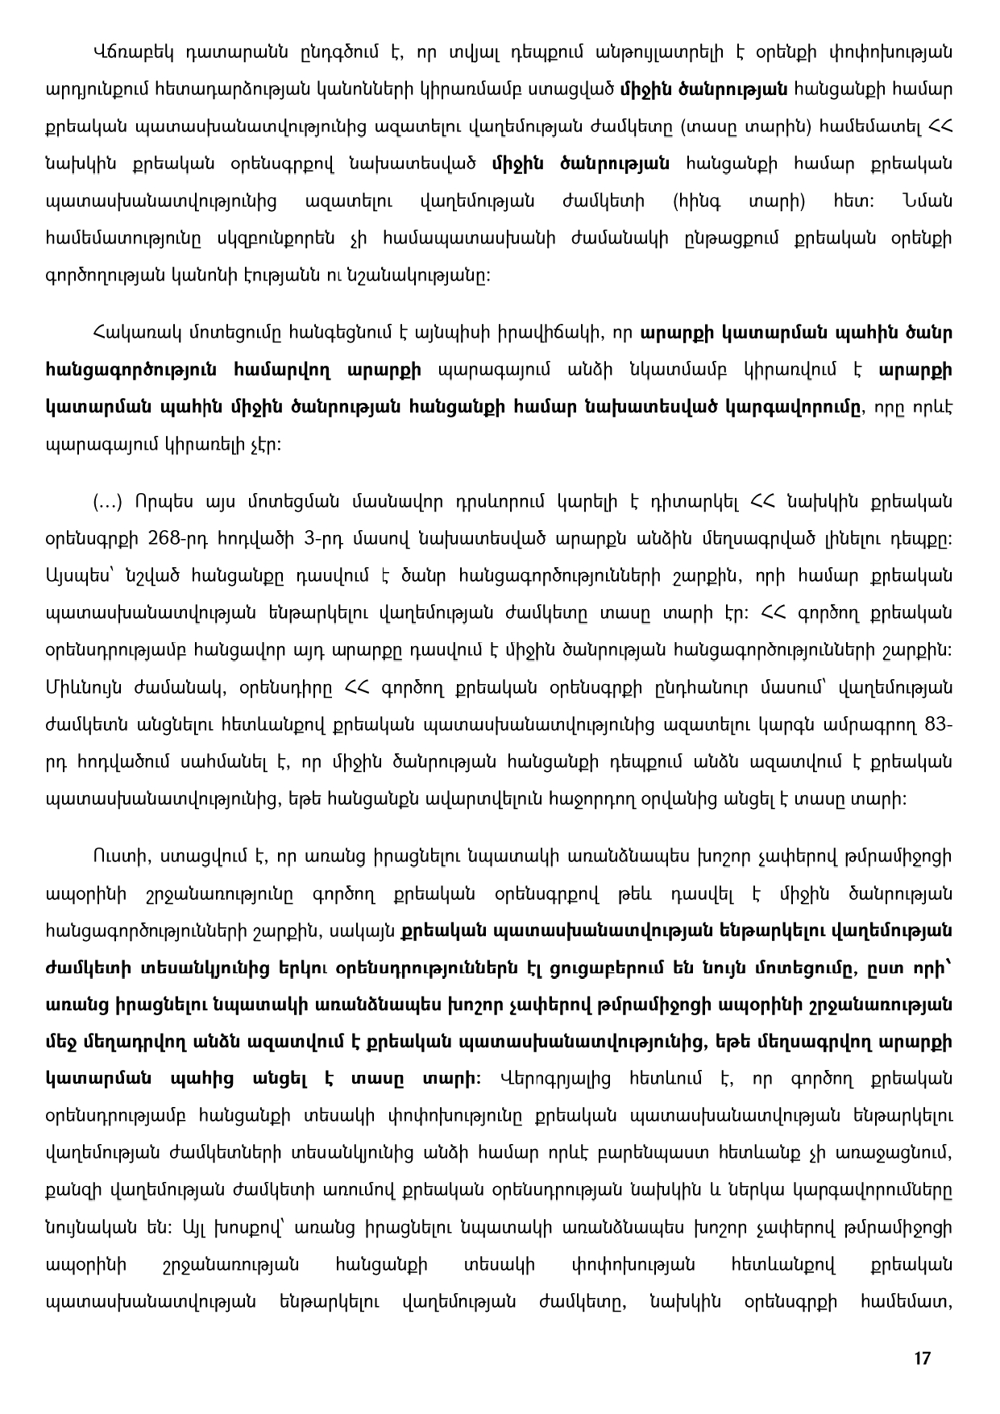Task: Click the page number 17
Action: [923, 1358]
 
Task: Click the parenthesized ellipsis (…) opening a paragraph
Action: [107, 502]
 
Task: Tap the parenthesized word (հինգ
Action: [695, 201]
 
